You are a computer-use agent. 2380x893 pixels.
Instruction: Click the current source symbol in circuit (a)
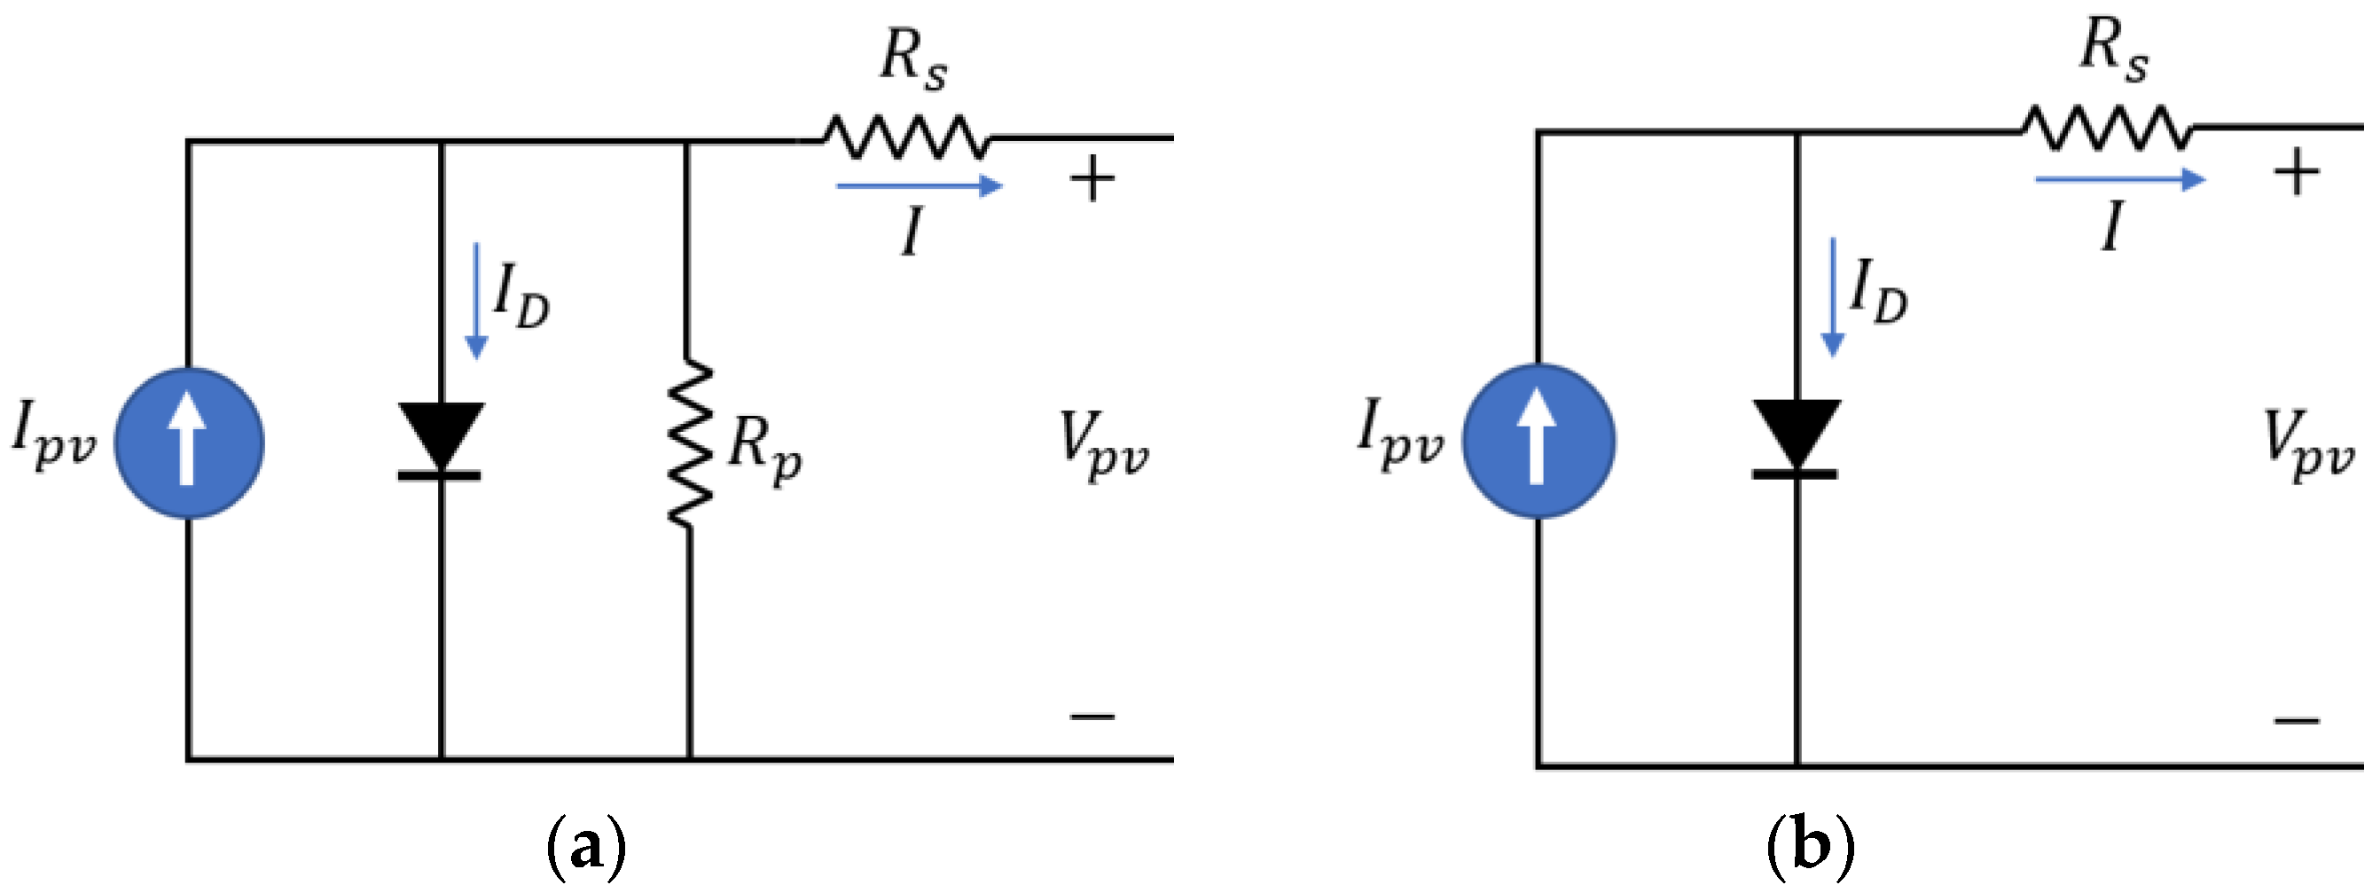[190, 443]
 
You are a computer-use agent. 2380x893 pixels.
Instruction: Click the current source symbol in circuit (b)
[1538, 441]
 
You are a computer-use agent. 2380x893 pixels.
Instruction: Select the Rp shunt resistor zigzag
[689, 443]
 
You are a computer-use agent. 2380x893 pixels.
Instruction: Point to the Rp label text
[763, 450]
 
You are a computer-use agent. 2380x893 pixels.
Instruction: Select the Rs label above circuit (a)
[912, 60]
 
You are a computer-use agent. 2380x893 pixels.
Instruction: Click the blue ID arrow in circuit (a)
[477, 301]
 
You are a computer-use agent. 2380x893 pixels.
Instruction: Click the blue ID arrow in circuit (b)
[1832, 297]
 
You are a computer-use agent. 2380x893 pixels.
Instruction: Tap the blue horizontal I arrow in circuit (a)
[919, 187]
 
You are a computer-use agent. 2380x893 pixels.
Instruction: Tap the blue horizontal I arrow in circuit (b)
[2119, 179]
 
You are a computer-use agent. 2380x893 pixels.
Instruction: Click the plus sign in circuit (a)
[1092, 179]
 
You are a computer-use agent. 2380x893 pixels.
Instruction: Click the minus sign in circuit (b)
[2297, 720]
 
